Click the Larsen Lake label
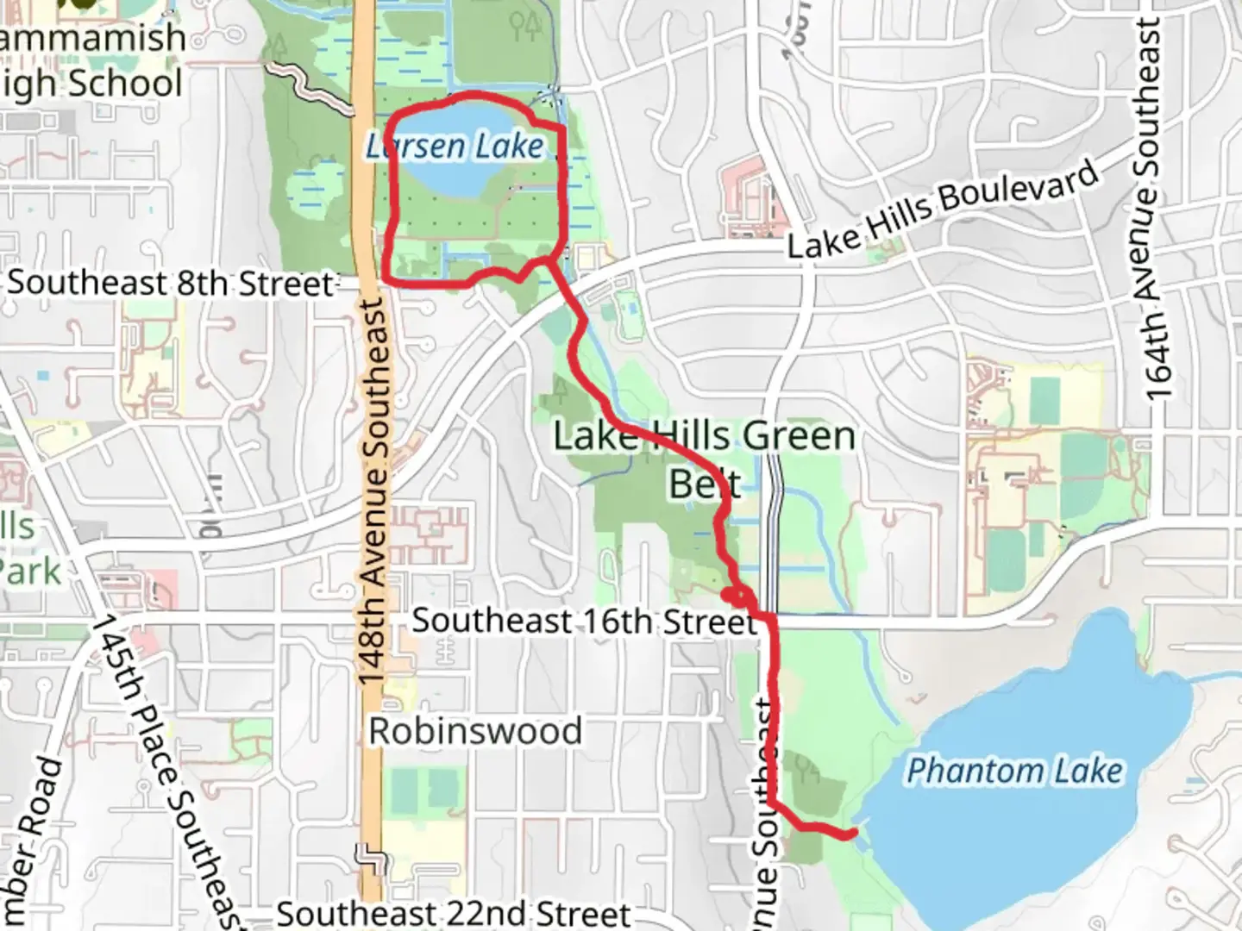[x=455, y=147]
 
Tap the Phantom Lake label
[x=1015, y=771]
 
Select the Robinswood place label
[x=475, y=731]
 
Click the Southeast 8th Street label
[x=170, y=283]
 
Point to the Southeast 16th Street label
[x=584, y=621]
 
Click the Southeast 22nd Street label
[x=454, y=914]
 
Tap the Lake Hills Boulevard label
[x=944, y=209]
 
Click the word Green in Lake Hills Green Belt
[x=799, y=437]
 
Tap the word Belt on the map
[x=705, y=484]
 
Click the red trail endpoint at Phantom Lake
[x=852, y=833]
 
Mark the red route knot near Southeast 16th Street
[x=735, y=594]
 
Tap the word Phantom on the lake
[x=960, y=771]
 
